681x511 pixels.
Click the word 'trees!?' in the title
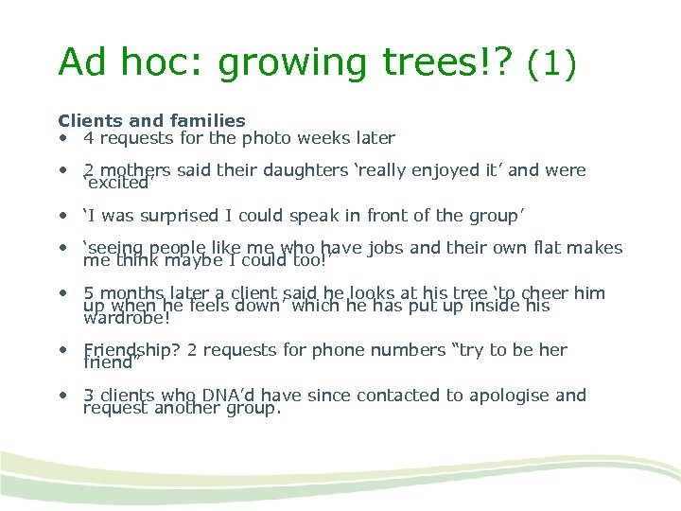point(445,62)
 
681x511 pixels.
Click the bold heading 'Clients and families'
point(151,120)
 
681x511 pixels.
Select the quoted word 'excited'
point(118,182)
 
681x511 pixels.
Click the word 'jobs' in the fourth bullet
point(389,248)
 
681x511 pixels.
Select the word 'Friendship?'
point(132,350)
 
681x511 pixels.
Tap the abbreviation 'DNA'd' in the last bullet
point(229,396)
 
